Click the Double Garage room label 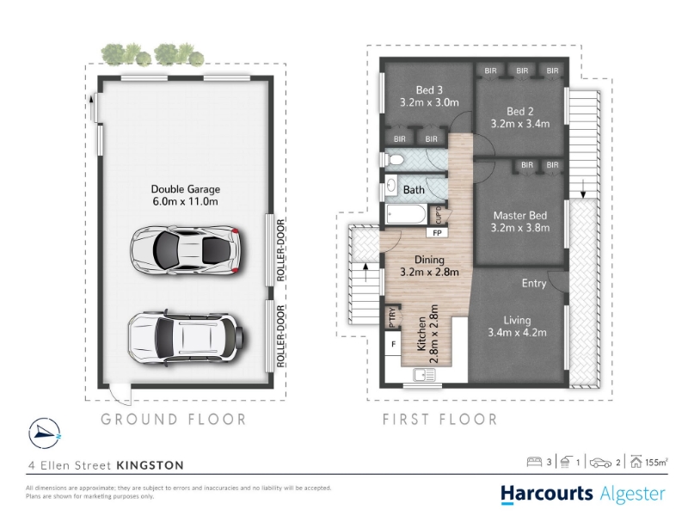(x=185, y=189)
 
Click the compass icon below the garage (x=45, y=433)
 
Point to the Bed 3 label (x=429, y=90)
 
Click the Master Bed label (x=520, y=216)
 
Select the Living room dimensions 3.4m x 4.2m (x=518, y=333)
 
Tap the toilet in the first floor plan (x=394, y=160)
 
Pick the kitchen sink (x=424, y=375)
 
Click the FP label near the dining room (x=438, y=233)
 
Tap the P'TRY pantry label (x=392, y=316)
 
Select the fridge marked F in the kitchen (x=393, y=345)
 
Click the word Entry (x=533, y=284)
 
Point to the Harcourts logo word (x=547, y=493)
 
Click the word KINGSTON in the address (x=150, y=465)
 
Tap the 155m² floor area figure (x=656, y=462)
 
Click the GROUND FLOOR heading (x=174, y=420)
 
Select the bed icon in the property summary (x=534, y=462)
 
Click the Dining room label (x=429, y=260)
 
